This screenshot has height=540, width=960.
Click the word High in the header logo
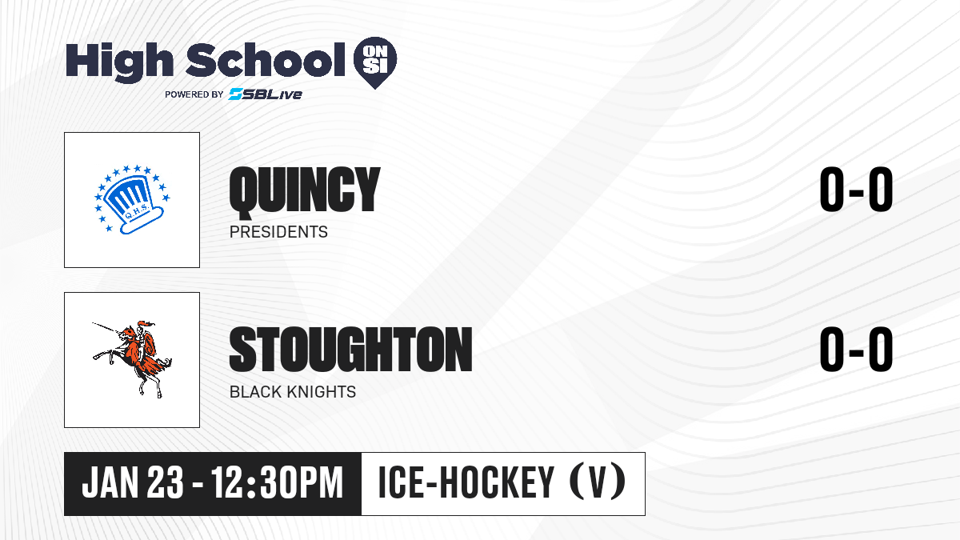pos(120,62)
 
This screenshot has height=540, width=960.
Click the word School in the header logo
pos(266,60)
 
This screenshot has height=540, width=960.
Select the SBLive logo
pos(265,94)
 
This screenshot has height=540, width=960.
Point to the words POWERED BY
pos(194,94)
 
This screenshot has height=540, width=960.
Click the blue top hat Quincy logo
pos(132,199)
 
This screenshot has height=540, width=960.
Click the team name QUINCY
pos(305,190)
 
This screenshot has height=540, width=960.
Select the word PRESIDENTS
pos(278,232)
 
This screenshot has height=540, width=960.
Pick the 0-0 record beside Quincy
pos(856,189)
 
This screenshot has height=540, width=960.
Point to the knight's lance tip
pos(93,323)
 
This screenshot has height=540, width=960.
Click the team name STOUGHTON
pos(350,350)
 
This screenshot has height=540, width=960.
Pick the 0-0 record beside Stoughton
pos(856,349)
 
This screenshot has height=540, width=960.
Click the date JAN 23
pos(133,482)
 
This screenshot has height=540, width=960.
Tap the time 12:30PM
pos(278,482)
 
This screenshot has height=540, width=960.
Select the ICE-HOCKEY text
pos(466,482)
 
